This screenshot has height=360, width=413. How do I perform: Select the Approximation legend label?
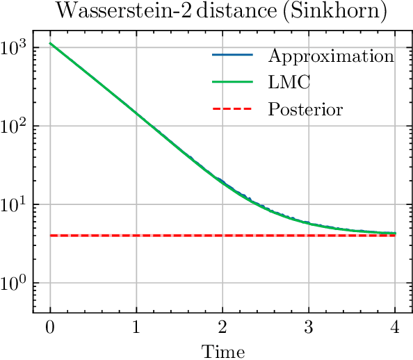(331, 56)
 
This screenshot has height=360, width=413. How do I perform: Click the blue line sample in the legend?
(233, 55)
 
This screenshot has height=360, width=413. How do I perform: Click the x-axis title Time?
(222, 351)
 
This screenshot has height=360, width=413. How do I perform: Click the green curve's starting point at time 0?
(50, 44)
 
